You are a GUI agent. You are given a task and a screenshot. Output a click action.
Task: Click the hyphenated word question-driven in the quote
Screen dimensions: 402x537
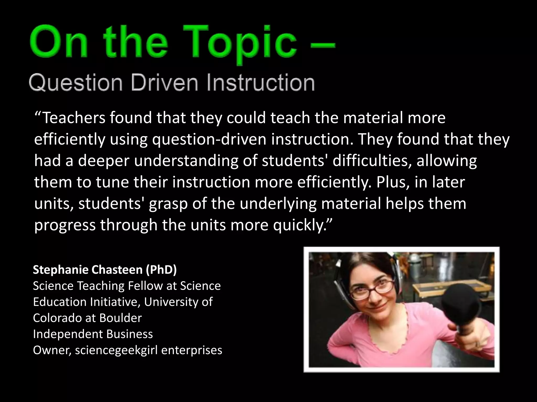click(x=210, y=139)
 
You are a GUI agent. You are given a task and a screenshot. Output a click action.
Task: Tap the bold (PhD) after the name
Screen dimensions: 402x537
click(x=161, y=270)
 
